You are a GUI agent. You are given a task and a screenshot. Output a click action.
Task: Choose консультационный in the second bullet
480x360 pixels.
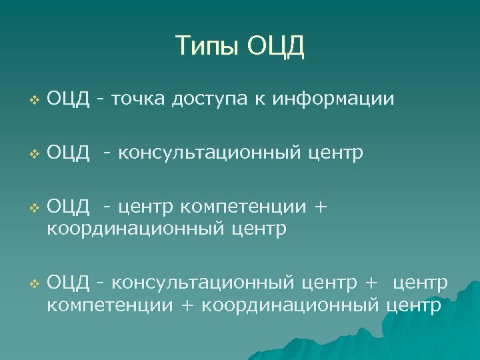pos(210,154)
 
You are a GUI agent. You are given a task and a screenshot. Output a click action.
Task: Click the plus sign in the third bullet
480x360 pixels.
pos(320,209)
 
